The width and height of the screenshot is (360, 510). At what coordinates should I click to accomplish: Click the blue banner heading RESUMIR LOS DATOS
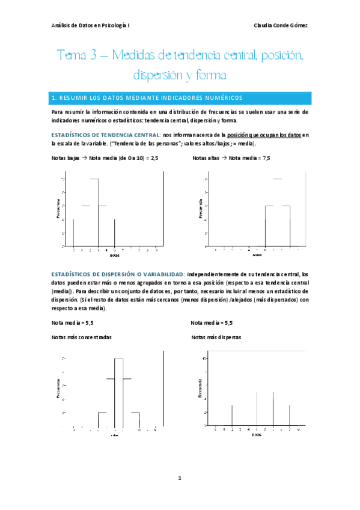(x=147, y=97)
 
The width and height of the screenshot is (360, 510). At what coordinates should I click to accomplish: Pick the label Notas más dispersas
(x=216, y=337)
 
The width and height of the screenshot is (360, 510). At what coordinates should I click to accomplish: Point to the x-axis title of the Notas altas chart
(x=257, y=255)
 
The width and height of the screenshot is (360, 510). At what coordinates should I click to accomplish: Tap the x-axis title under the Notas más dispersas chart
(x=257, y=434)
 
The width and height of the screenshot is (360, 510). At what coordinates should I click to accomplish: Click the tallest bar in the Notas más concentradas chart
(x=118, y=391)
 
